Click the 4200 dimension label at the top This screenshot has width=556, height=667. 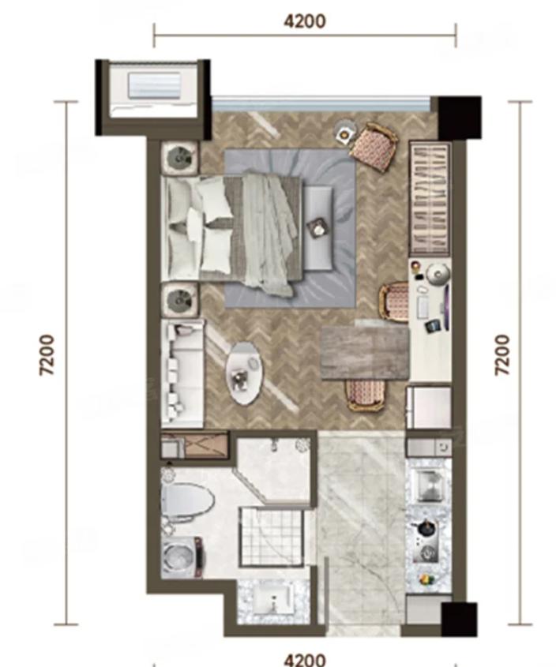point(305,21)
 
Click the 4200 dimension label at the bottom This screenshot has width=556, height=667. point(305,659)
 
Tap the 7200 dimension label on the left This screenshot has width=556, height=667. point(47,354)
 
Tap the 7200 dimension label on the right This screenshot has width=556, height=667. point(502,354)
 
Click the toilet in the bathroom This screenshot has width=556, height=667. point(187,500)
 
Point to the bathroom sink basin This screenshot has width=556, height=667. point(272,598)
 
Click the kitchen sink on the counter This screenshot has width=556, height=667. point(431,485)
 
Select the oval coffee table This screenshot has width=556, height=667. point(244,373)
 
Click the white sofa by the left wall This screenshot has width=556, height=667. point(182,373)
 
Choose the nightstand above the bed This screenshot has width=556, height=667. point(181,157)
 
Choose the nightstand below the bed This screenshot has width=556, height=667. point(181,299)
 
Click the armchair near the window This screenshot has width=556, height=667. point(374,145)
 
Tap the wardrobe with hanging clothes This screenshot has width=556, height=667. point(430,199)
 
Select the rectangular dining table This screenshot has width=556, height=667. point(365,351)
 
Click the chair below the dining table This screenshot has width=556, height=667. point(366,395)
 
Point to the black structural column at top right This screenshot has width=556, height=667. point(460,118)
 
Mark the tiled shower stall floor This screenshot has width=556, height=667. point(272,538)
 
